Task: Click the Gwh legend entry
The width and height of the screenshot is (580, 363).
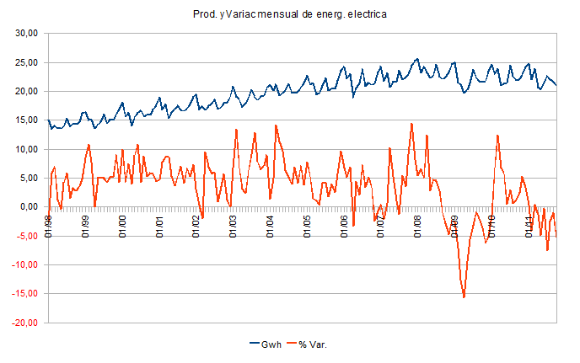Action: click(268, 345)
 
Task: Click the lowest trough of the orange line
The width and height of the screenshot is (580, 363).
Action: click(464, 297)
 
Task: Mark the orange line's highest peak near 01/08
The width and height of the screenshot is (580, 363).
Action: click(411, 124)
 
